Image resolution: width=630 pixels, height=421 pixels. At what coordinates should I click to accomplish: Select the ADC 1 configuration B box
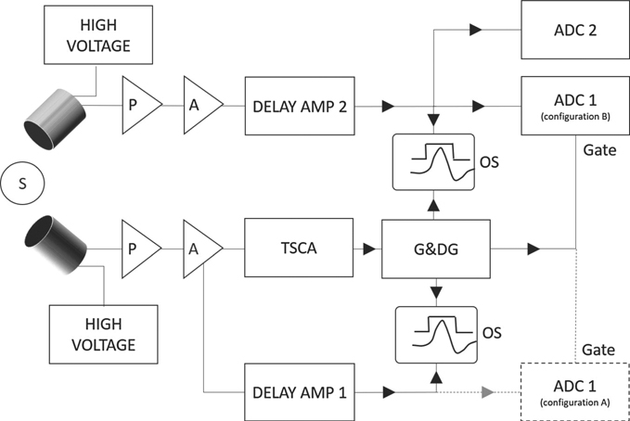(x=574, y=107)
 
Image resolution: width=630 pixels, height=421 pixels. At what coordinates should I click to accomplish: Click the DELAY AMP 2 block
(x=300, y=107)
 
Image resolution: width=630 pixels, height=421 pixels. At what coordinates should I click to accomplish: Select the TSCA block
(x=300, y=249)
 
